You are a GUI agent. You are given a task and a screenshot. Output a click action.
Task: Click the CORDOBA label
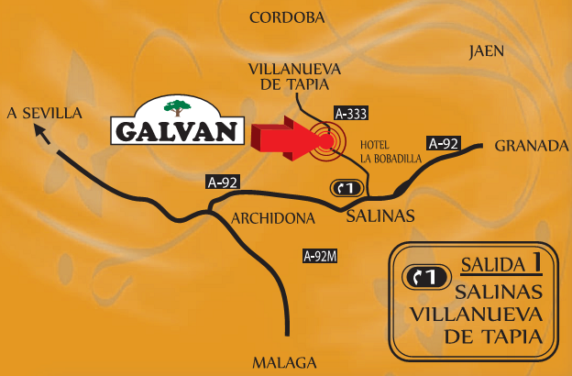point(287,17)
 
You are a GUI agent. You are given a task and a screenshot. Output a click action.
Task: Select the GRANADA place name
point(532,146)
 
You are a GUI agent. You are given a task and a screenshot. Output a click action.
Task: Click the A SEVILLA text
point(44,113)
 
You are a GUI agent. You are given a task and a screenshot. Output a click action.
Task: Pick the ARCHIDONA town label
point(273,218)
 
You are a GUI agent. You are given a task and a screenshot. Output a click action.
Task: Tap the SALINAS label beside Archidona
point(380,216)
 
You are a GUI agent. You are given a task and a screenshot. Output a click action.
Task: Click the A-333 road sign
point(351,115)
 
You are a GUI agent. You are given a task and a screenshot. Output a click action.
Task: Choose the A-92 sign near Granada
point(445,142)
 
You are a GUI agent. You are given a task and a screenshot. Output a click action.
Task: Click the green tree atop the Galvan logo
point(179,104)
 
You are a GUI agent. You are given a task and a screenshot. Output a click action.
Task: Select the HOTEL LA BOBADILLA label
point(383,152)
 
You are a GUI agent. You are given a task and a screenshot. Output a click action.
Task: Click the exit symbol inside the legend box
point(425,275)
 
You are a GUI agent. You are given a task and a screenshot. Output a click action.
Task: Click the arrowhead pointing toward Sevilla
point(41,133)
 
